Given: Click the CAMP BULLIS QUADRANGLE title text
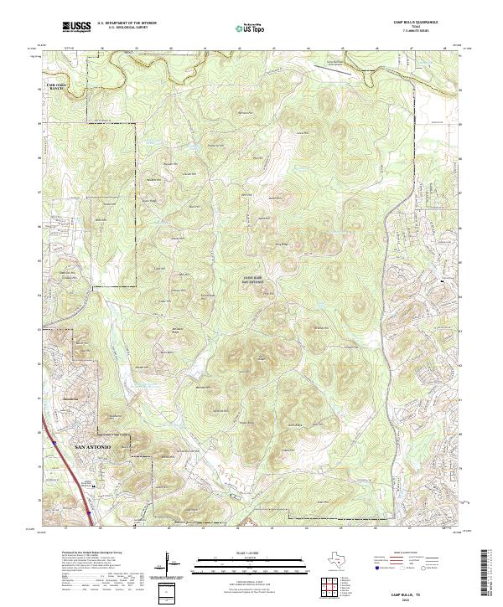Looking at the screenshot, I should pos(421,22).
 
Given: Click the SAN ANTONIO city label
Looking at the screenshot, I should pos(92,447).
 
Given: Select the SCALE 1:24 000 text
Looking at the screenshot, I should pos(240,553).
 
